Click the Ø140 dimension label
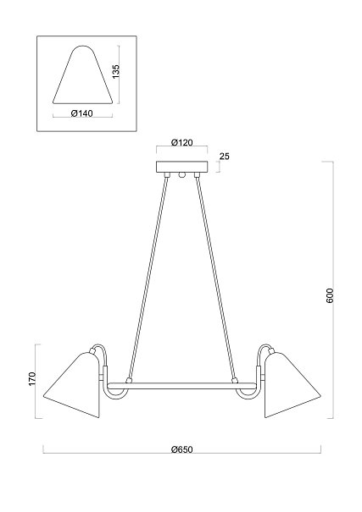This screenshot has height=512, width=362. (x=81, y=113)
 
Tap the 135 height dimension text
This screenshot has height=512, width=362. (x=116, y=71)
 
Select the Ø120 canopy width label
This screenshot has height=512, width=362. (x=181, y=142)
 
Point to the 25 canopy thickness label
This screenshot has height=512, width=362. (x=225, y=156)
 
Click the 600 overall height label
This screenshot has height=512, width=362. (x=330, y=295)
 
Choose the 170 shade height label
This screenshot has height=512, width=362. (x=32, y=379)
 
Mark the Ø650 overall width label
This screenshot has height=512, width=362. (x=181, y=449)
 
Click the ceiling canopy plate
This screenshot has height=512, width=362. (x=181, y=167)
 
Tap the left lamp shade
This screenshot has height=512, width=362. (x=71, y=384)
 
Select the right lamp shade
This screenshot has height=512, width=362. (x=292, y=384)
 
